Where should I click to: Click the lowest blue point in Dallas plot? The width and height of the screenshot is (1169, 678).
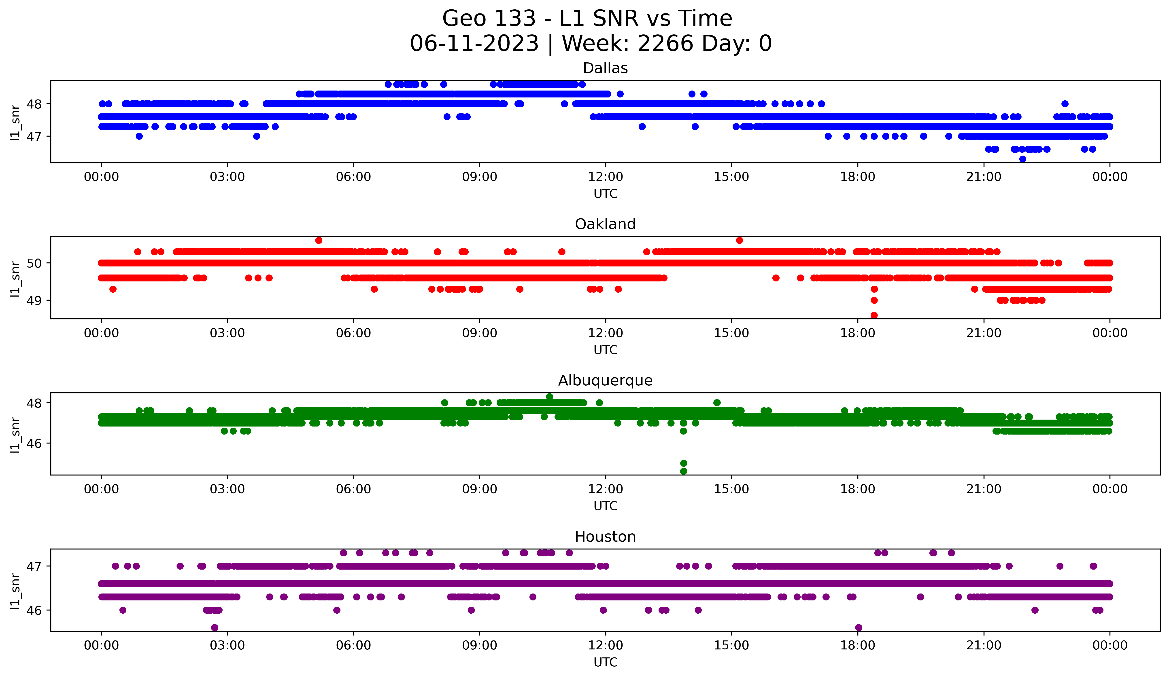tap(1022, 159)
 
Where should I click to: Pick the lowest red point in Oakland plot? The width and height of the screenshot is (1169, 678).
tap(874, 315)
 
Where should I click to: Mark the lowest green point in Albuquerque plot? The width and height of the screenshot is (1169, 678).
tap(683, 471)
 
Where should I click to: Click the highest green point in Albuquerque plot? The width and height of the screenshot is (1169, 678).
tap(550, 397)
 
